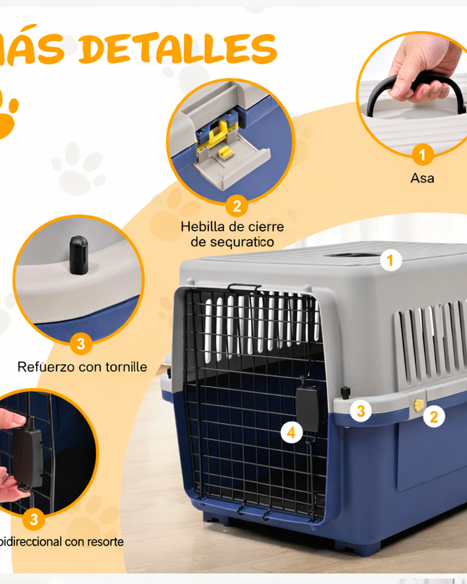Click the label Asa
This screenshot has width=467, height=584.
[422, 177]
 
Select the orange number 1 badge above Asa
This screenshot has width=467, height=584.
[423, 153]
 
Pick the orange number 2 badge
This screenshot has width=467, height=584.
[236, 206]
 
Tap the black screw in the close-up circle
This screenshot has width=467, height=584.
[77, 255]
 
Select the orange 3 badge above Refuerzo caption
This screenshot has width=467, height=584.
[80, 344]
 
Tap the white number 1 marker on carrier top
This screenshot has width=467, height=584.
[391, 261]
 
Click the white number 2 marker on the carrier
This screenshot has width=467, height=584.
[434, 416]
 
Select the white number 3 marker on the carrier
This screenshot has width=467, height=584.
[361, 411]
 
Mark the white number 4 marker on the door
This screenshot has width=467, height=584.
[292, 433]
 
